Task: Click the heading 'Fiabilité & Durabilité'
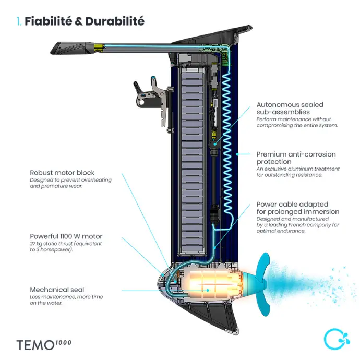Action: coord(85,21)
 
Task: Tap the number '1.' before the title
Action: coord(19,21)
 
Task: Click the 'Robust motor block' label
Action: coord(63,172)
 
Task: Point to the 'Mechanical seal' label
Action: coord(57,290)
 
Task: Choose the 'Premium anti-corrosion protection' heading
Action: coord(296,158)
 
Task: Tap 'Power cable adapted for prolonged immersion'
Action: coord(297,208)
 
